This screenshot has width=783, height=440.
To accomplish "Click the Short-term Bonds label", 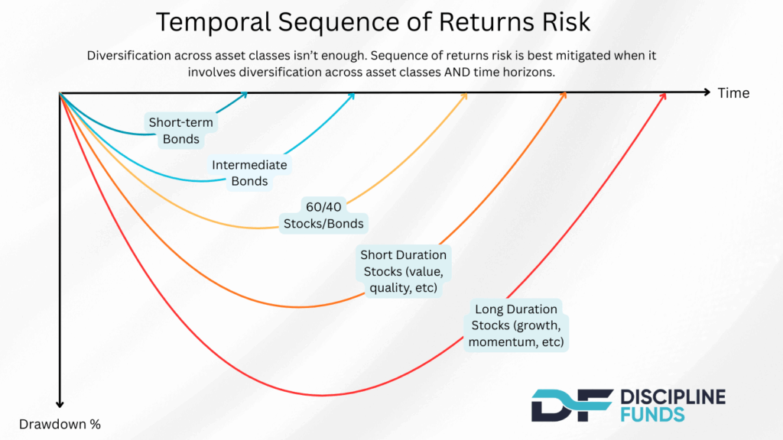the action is (x=180, y=131).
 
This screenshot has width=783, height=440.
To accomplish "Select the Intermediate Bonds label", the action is (x=249, y=173).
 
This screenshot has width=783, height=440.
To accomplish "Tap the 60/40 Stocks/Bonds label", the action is (x=323, y=215).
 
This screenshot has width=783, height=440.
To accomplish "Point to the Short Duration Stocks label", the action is (x=404, y=271).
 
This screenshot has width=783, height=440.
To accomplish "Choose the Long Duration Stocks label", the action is (x=516, y=325).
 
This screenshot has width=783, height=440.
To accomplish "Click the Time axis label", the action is (x=733, y=93).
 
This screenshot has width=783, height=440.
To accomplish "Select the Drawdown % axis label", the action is (x=60, y=424).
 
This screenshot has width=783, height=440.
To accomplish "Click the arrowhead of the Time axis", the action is (x=707, y=92).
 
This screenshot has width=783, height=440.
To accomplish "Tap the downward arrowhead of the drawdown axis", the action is (x=60, y=404).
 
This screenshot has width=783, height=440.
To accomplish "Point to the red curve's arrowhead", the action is (x=663, y=95).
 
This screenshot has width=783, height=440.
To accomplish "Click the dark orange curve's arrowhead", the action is (x=564, y=95).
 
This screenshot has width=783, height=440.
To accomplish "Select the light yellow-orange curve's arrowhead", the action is (x=464, y=95).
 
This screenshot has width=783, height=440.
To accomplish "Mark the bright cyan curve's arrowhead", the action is (x=352, y=95).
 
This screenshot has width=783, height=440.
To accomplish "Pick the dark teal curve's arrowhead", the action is (x=244, y=95).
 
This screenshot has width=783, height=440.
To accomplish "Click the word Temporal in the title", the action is (x=213, y=23).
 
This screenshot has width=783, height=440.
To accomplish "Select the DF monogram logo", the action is (x=572, y=405).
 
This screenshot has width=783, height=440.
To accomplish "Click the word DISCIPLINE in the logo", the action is (x=673, y=397).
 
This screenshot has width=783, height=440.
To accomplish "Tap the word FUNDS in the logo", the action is (x=653, y=415).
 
